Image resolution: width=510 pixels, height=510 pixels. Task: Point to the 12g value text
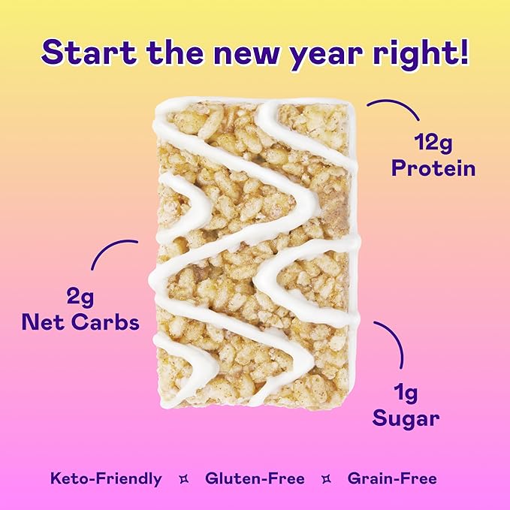pyautogui.click(x=433, y=141)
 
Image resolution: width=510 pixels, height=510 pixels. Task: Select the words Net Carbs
pyautogui.click(x=80, y=323)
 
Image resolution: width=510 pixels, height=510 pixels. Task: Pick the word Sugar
pyautogui.click(x=406, y=418)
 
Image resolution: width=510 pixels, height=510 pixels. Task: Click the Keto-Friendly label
pyautogui.click(x=106, y=478)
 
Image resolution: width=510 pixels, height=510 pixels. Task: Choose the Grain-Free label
pyautogui.click(x=392, y=478)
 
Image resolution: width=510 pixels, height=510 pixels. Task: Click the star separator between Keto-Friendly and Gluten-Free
pyautogui.click(x=183, y=478)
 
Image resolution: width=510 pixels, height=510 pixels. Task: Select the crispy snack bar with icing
pyautogui.click(x=254, y=252)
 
